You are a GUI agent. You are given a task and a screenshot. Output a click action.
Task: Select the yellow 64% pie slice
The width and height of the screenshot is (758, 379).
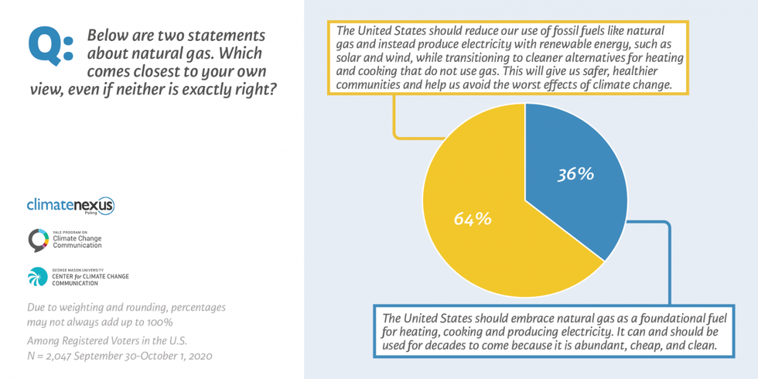click(x=480, y=232)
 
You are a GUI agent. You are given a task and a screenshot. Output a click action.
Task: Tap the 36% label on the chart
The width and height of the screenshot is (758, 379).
click(x=575, y=174)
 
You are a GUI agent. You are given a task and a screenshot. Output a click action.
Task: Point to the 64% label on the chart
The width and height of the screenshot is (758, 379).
click(x=473, y=219)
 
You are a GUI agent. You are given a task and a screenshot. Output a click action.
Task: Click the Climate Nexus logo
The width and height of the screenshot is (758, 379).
click(x=70, y=206)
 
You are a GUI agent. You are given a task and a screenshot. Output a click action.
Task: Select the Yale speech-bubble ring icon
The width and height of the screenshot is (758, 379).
click(x=38, y=241)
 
